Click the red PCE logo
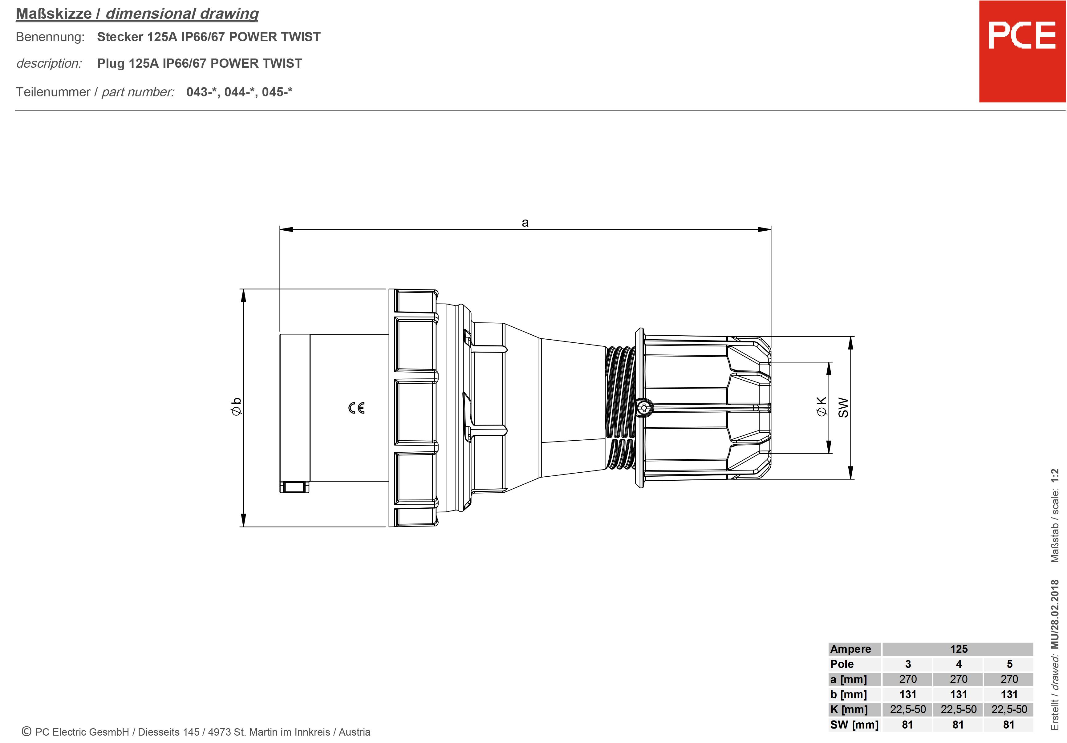tap(1022, 51)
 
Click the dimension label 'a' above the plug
tap(525, 223)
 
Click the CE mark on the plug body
tap(356, 408)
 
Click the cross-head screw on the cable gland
tap(644, 408)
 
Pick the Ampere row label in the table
tap(850, 649)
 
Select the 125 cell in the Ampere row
tap(958, 649)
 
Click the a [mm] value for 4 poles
tap(958, 679)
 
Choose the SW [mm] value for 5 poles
tap(1009, 725)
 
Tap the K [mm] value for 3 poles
tap(908, 709)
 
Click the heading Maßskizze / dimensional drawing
tap(137, 14)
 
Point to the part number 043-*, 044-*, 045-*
tap(239, 92)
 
